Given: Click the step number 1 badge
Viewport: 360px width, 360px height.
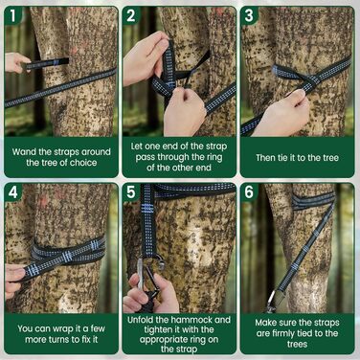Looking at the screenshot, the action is pos(12,16).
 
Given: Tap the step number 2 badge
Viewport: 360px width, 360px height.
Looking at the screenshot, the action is pos(131,16).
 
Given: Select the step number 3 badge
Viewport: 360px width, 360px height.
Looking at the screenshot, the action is pos(249,16).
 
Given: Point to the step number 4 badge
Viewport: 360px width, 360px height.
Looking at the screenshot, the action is pos(12,192).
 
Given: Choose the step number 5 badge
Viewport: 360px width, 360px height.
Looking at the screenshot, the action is pos(131,192).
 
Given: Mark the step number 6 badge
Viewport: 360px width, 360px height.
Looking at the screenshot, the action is pos(249,192).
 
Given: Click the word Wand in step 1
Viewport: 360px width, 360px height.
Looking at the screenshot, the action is pos(24,151).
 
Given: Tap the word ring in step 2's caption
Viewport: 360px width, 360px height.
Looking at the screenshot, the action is pos(214,157).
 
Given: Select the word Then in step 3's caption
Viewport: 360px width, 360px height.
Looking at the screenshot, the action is pos(265,157).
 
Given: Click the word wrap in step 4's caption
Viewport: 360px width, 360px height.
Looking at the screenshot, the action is pos(66,328).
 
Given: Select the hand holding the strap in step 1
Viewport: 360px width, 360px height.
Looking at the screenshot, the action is pos(16,62).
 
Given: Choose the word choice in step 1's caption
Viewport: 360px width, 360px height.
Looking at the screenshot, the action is pos(83,163).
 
